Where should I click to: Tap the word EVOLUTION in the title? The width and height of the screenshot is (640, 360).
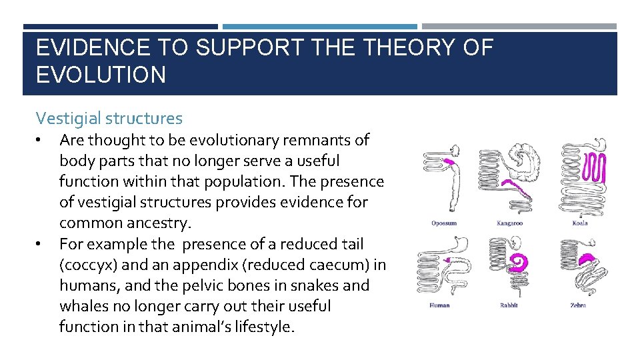101,75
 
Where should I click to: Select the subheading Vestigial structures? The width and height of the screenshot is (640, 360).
109,119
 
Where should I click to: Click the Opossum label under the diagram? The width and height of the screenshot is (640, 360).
444,223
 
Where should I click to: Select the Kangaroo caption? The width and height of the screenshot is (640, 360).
510,223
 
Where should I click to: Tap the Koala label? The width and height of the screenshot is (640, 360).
579,223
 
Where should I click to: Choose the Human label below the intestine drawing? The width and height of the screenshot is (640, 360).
439,305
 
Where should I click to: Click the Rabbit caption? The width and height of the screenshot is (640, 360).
509,305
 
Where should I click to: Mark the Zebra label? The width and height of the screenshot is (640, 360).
577,305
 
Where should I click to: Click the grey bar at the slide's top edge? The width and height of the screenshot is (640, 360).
519,27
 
